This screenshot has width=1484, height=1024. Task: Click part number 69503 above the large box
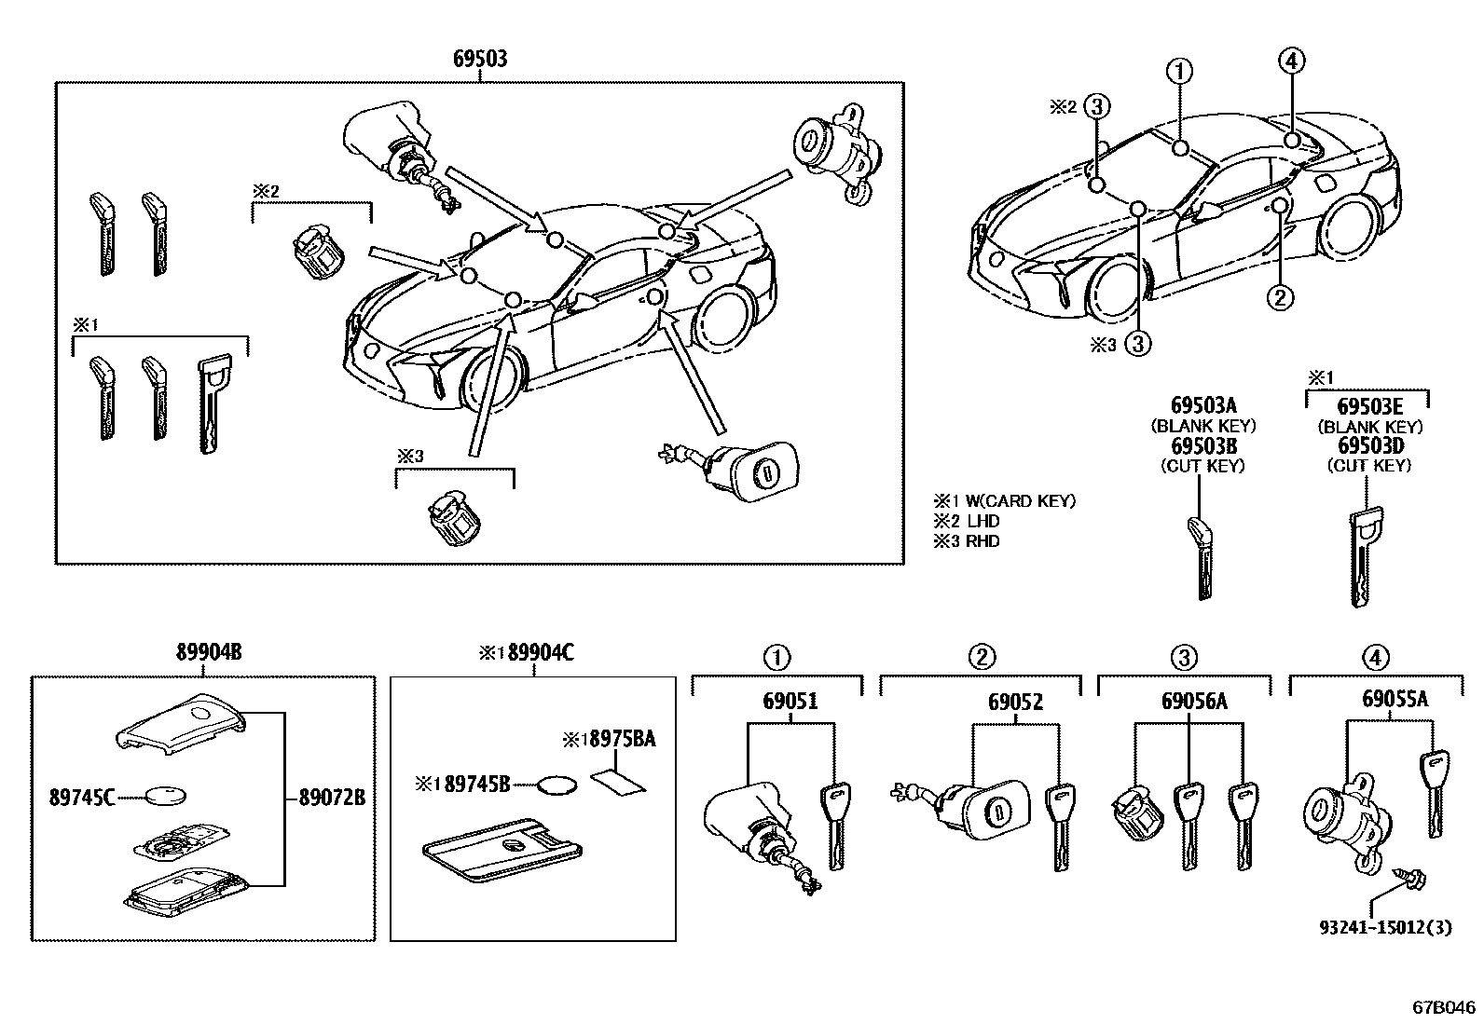[480, 59]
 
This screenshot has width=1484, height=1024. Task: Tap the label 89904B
[209, 652]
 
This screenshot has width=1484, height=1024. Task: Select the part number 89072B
[332, 798]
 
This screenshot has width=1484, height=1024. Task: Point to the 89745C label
[82, 798]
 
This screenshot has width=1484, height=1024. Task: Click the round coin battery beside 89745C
[166, 795]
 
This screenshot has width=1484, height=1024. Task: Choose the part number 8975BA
[623, 739]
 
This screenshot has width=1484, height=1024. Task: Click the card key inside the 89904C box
[502, 849]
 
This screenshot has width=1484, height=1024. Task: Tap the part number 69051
[790, 701]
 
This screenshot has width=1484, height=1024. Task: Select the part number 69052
[1015, 702]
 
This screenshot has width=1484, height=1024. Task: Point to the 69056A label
[1194, 701]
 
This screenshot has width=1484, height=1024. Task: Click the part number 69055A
[1395, 699]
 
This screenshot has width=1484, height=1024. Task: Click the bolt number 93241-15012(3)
[1385, 927]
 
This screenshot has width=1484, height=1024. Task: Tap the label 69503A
[1203, 404]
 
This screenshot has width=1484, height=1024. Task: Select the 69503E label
[1369, 406]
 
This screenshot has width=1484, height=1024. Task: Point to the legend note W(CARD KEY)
[1020, 501]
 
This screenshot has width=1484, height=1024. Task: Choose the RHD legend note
[982, 541]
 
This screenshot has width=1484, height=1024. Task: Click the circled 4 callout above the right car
[1292, 61]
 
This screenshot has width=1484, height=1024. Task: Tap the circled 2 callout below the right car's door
[1280, 296]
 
